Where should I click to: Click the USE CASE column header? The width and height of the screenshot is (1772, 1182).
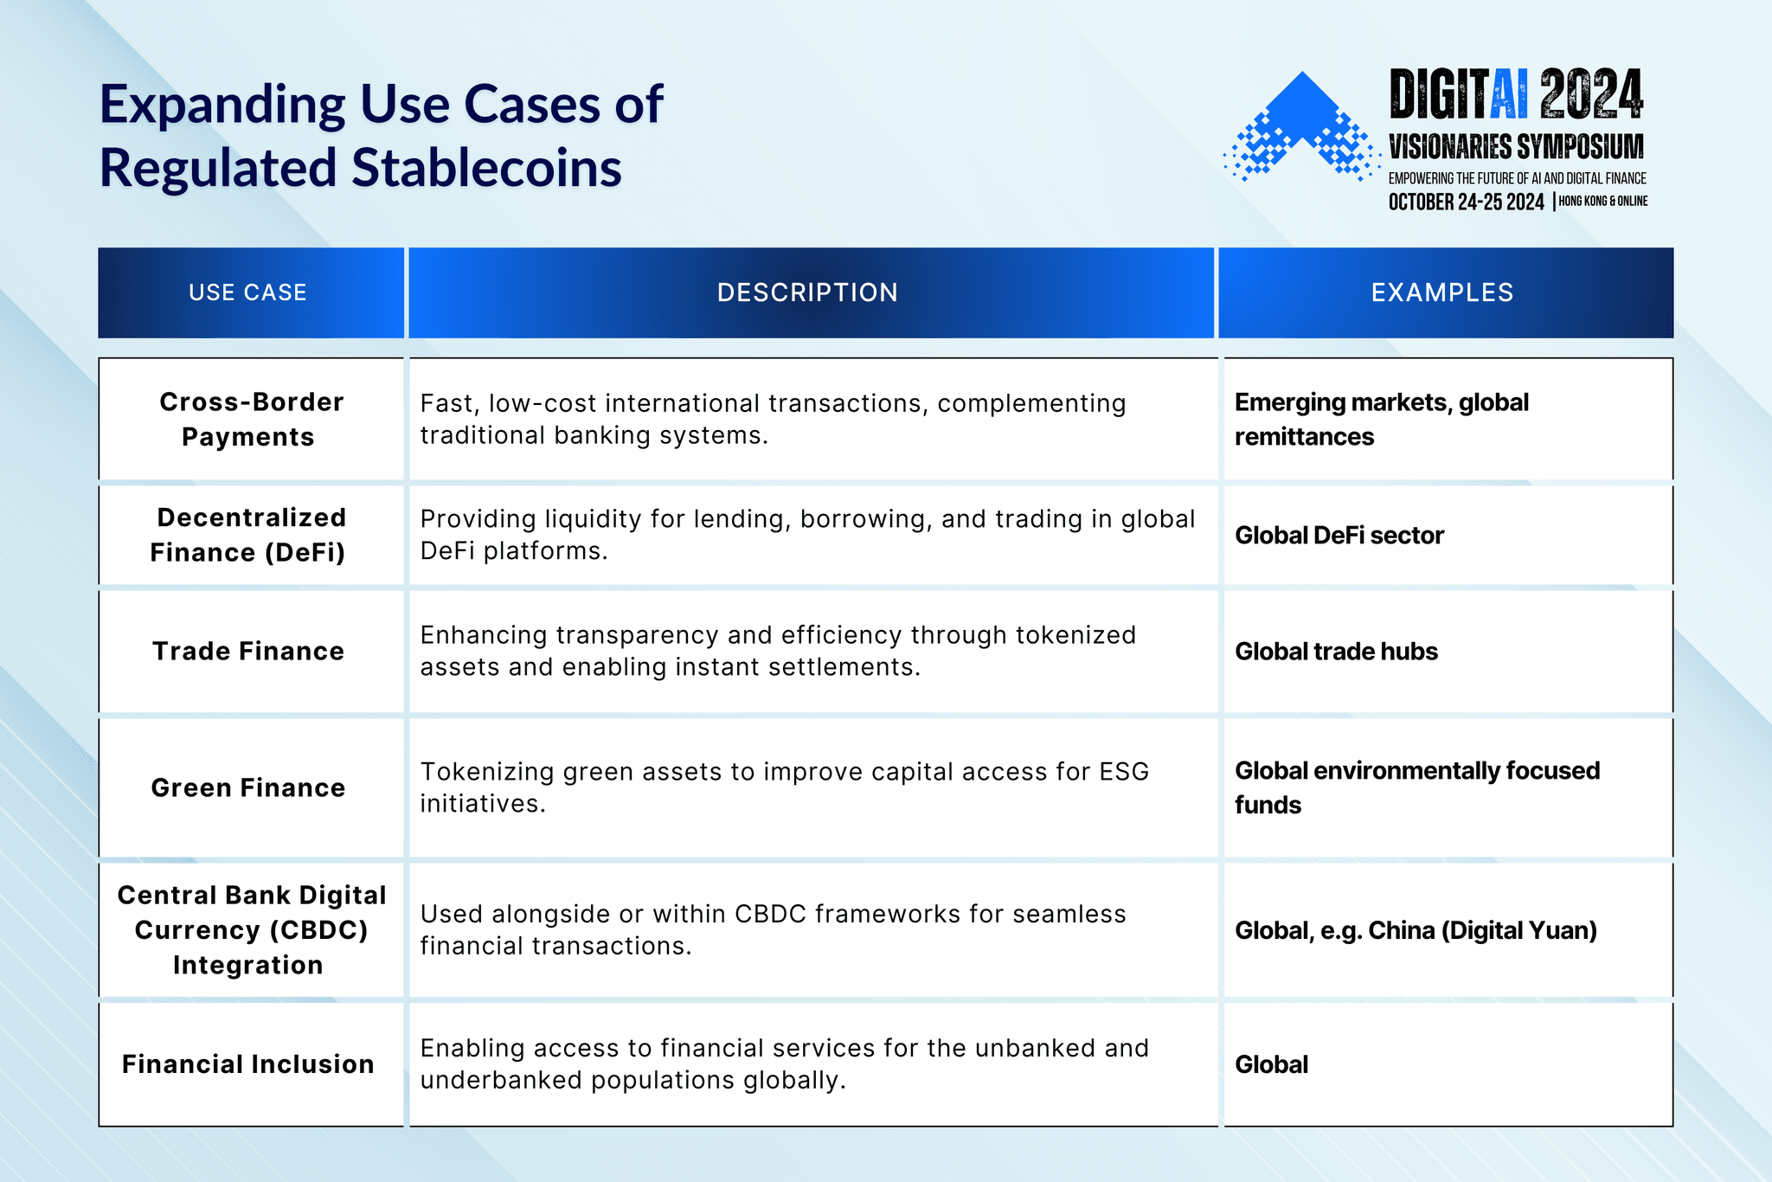tap(247, 292)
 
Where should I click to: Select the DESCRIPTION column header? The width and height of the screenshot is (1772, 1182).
tap(807, 292)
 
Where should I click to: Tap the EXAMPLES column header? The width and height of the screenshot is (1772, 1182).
tap(1442, 292)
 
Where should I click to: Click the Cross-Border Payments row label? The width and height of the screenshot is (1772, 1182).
tap(250, 420)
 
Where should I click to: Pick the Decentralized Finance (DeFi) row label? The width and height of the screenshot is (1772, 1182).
tap(249, 535)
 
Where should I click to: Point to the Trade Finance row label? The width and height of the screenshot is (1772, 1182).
tap(248, 651)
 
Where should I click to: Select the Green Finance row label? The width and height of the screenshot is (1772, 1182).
tap(248, 787)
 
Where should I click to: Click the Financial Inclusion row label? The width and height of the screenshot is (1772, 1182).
tap(248, 1063)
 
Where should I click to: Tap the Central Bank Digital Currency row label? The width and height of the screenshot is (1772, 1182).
tap(251, 929)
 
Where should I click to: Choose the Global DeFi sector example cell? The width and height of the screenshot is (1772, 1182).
tap(1339, 536)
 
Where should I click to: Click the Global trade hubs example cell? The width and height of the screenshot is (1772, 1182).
tap(1336, 652)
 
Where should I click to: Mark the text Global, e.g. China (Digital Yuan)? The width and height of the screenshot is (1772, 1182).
tap(1416, 930)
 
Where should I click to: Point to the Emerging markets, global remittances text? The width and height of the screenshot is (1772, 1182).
tap(1381, 420)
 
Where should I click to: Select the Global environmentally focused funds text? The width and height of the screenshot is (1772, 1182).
tap(1416, 787)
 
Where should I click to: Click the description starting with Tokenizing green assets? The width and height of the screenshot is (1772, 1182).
tap(784, 787)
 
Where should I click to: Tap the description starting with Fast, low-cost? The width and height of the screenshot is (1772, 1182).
tap(773, 419)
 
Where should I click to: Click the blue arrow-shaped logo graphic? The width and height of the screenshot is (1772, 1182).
tap(1302, 125)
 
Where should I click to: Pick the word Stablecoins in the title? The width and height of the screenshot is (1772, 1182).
tap(487, 168)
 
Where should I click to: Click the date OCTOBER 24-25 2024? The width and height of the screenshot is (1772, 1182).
tap(1466, 202)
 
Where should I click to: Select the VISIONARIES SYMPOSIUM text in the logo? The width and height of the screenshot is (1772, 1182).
tap(1516, 147)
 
